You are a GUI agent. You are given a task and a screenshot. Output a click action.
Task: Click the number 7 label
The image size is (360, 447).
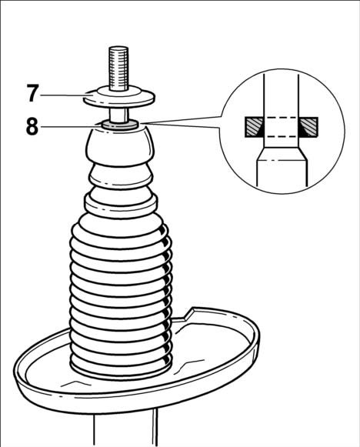[x=33, y=94]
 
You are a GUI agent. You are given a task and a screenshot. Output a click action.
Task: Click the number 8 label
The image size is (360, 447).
[x=32, y=127]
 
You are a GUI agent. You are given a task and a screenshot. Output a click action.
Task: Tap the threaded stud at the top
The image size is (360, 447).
[x=118, y=68]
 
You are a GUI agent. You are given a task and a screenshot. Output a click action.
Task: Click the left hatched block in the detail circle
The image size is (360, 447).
[x=253, y=127]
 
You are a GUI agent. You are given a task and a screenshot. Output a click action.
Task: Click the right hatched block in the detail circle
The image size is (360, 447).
[x=309, y=127]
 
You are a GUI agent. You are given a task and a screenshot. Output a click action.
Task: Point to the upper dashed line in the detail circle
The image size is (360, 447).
[x=282, y=118]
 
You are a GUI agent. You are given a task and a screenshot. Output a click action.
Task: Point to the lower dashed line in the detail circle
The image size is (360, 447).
[x=282, y=136]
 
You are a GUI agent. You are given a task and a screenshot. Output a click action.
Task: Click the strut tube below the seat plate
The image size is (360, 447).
[x=125, y=431]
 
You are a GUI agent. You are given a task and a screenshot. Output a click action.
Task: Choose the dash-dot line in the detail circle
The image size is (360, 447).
[x=282, y=161]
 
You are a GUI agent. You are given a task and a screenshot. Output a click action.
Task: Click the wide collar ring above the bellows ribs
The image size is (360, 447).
[x=121, y=204]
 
